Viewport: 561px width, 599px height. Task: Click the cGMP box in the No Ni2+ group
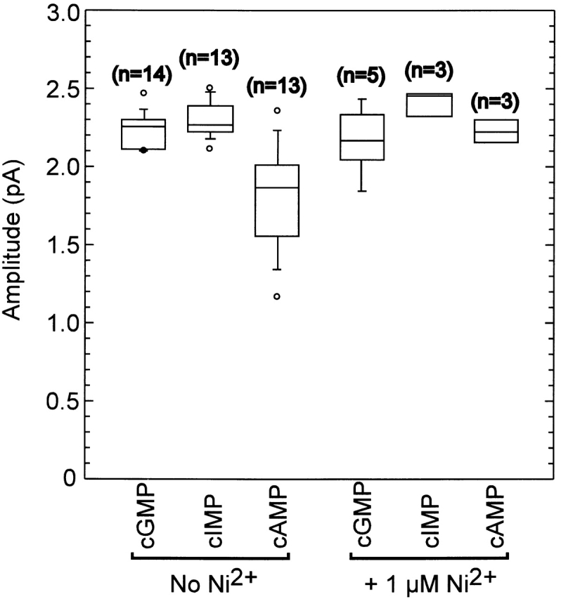[144, 134]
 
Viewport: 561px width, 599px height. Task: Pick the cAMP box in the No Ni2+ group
[277, 200]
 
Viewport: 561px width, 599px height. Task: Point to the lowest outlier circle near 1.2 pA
[277, 296]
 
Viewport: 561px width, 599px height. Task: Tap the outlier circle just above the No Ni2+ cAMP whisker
[277, 110]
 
